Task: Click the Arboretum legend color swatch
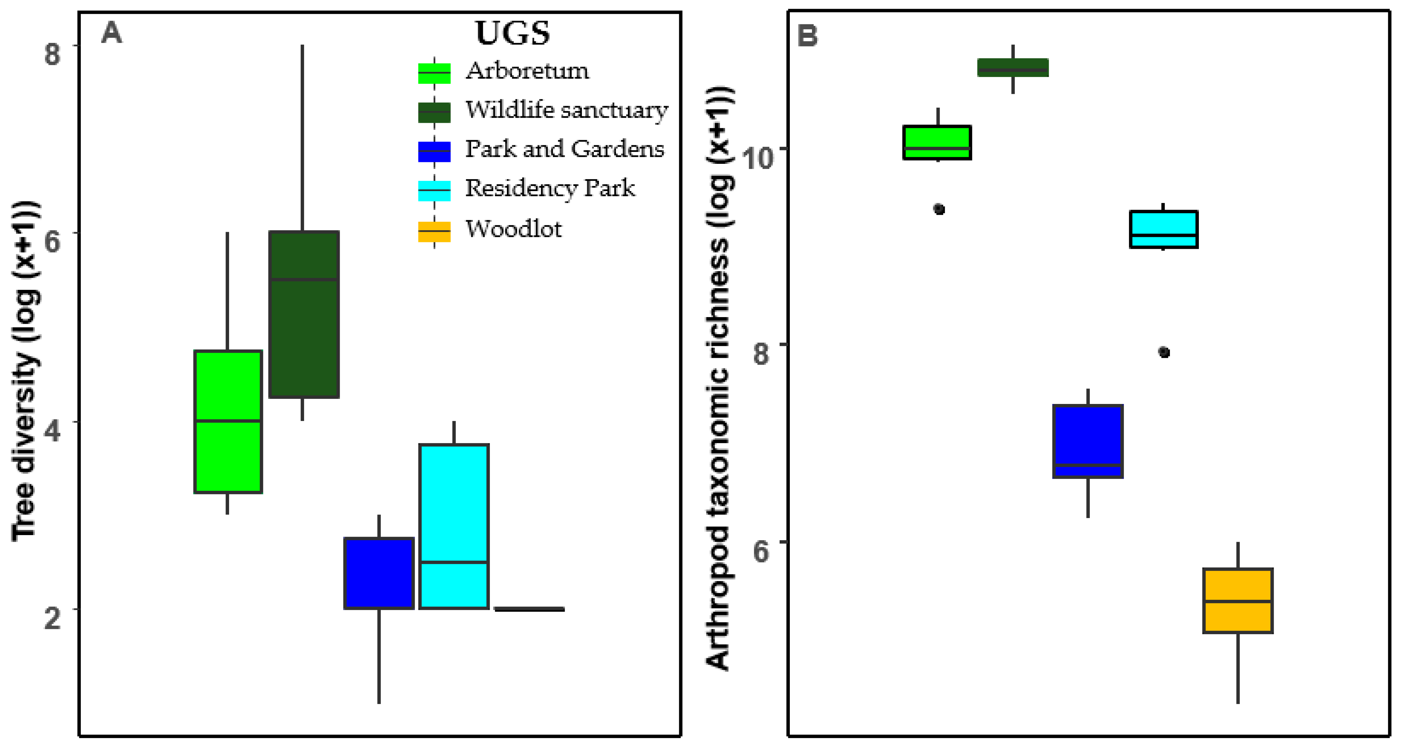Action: point(434,73)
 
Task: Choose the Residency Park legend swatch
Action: point(434,190)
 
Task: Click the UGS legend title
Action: point(512,33)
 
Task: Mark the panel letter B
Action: point(807,36)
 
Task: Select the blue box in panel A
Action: point(379,573)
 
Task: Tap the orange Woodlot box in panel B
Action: point(1238,601)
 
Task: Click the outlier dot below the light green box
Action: point(939,209)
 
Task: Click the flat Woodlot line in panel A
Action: point(529,609)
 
